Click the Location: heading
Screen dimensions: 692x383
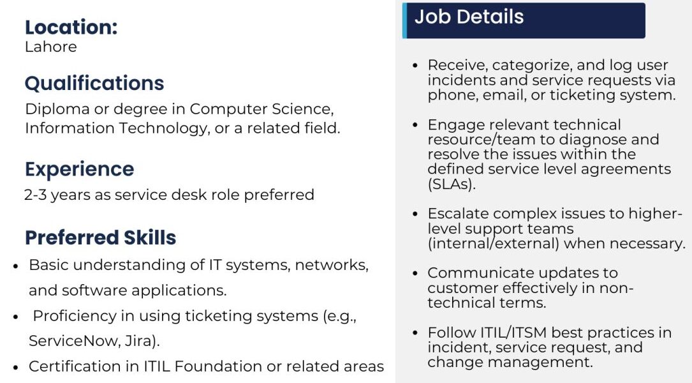click(x=71, y=27)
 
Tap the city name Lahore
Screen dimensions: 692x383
click(x=51, y=47)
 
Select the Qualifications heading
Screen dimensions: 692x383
click(x=94, y=83)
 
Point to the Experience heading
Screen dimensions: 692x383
click(x=80, y=169)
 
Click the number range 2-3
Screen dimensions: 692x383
click(x=35, y=195)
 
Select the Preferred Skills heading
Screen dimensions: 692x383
click(x=101, y=237)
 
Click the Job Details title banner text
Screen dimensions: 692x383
click(x=469, y=17)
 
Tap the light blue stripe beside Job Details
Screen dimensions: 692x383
click(x=405, y=20)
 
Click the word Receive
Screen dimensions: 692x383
click(x=457, y=65)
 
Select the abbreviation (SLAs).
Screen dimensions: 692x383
click(x=452, y=184)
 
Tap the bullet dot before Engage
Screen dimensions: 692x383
click(x=415, y=125)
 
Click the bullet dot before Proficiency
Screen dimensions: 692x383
click(x=16, y=317)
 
